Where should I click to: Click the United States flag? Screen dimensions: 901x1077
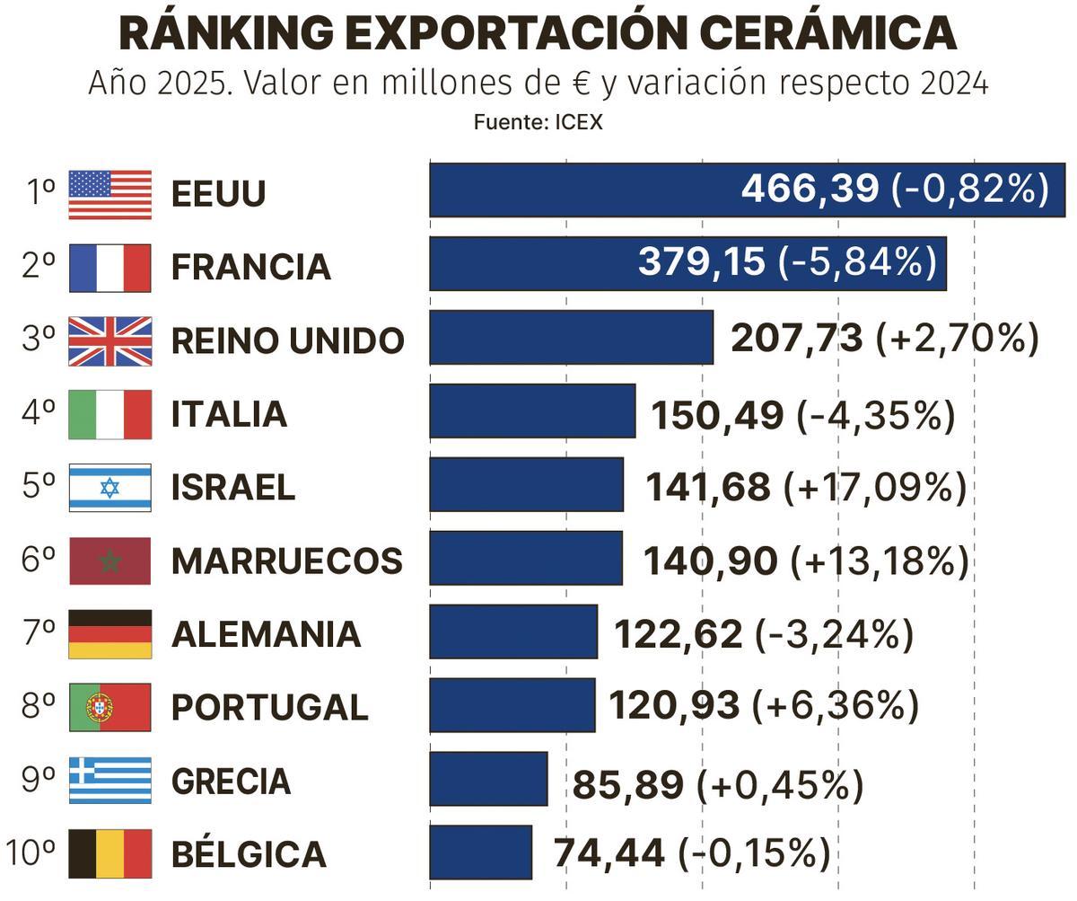pos(109,194)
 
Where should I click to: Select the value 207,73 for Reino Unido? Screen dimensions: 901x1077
pos(796,339)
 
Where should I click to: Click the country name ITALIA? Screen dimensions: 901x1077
pos(229,414)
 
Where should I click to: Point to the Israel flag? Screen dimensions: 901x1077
pos(109,488)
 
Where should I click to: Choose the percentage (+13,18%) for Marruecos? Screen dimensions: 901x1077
pos(879,561)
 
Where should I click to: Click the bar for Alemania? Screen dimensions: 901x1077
pos(512,632)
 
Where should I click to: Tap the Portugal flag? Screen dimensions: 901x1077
pos(109,707)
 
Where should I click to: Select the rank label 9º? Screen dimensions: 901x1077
pos(38,780)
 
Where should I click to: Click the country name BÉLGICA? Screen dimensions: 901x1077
pos(248,854)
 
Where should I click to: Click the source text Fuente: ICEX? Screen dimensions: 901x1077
pos(538,122)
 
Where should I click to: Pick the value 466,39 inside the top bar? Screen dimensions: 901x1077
pos(809,189)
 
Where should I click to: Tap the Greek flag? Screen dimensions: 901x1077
pos(109,780)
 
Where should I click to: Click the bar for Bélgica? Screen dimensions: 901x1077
pos(480,852)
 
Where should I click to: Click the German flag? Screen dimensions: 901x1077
pos(109,634)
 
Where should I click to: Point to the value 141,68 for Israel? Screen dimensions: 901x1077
pos(707,488)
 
